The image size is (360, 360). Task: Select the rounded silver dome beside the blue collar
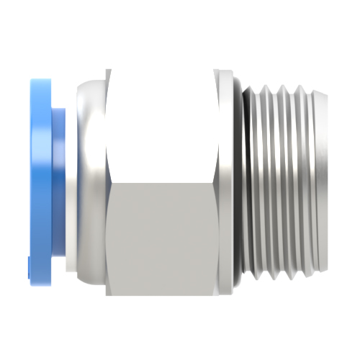click(86, 180)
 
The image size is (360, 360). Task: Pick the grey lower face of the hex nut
click(162, 238)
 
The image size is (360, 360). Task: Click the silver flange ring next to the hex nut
click(226, 180)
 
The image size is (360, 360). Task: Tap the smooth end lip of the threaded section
click(315, 180)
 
